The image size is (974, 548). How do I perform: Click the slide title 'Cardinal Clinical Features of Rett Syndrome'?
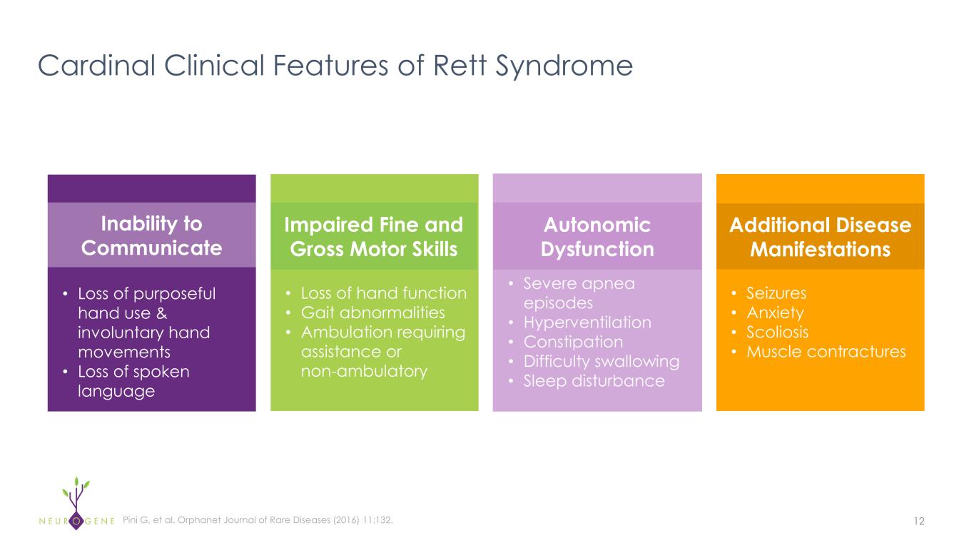(335, 66)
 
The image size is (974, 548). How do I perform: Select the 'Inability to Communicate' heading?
(151, 235)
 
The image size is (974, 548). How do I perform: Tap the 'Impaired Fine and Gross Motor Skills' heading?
(374, 236)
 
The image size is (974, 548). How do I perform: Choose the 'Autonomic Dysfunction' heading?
(597, 236)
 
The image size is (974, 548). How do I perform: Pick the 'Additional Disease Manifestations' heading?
(820, 236)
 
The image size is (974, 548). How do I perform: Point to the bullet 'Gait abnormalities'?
(372, 313)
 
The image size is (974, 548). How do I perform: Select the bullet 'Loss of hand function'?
(384, 293)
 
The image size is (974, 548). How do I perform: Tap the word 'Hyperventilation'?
(587, 323)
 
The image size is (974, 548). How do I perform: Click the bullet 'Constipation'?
(573, 342)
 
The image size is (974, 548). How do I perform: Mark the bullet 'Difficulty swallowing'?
(601, 361)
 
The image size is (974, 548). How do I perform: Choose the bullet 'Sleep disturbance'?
(594, 381)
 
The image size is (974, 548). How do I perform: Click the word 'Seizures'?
(776, 293)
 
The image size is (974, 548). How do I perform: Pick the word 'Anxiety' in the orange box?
(775, 313)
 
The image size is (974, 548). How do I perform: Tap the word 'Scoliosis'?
(778, 333)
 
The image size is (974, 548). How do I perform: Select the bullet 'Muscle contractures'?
(826, 352)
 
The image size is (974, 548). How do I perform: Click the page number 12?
(918, 521)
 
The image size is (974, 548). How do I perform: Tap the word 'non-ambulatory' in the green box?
(364, 371)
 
